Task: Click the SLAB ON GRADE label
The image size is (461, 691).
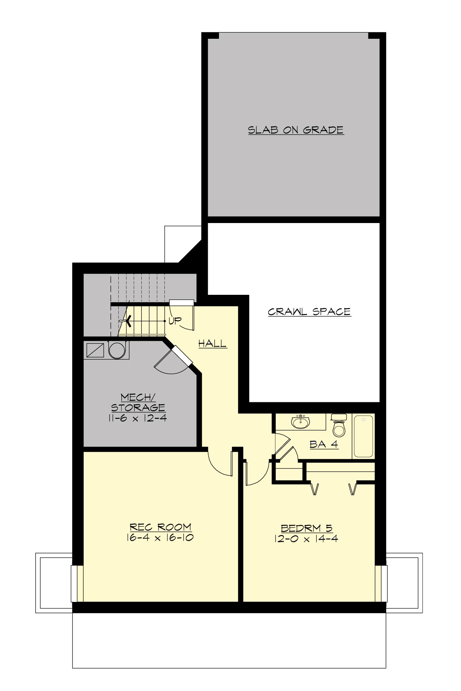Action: (x=295, y=130)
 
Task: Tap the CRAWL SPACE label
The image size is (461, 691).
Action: (x=309, y=312)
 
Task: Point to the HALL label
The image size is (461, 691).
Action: (x=212, y=344)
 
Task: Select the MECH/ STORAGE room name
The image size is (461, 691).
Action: (x=138, y=402)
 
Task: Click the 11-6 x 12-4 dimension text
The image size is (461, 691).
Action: (x=138, y=418)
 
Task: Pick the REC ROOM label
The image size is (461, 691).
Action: (x=160, y=527)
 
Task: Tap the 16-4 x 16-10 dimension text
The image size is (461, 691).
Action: (x=160, y=537)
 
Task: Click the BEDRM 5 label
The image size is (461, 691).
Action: (x=307, y=528)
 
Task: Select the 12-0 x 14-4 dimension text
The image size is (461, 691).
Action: (x=306, y=539)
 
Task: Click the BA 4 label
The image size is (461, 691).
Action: (x=324, y=444)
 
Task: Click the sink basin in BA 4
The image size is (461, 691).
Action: (x=300, y=422)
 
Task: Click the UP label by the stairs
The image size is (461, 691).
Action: (x=175, y=321)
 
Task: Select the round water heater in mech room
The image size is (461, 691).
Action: (x=116, y=350)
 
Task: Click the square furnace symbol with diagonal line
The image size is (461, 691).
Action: (x=95, y=350)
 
